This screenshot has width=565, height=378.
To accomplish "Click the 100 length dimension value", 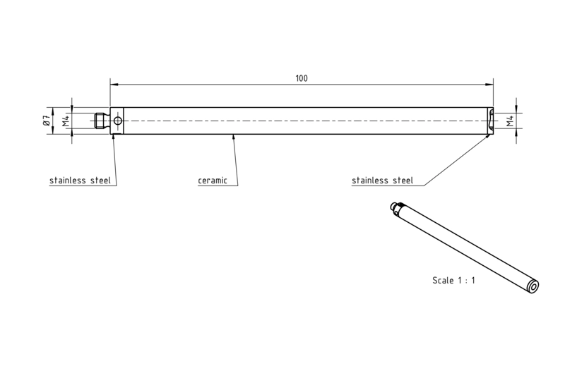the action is (x=302, y=78).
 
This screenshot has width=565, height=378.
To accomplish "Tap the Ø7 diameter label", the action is (x=46, y=121).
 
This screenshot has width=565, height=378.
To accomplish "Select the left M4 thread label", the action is (x=65, y=121).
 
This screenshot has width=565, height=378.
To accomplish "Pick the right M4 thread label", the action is (x=509, y=121).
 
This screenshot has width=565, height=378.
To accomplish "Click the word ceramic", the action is (x=213, y=181).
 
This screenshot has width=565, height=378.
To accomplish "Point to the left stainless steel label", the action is (x=80, y=181).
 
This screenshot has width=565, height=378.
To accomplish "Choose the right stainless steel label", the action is (x=382, y=181).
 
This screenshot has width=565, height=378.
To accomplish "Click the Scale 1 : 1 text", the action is (x=453, y=280).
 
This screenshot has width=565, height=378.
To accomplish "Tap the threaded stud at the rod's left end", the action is (x=101, y=121).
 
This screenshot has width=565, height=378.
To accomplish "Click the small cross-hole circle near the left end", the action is (x=118, y=121).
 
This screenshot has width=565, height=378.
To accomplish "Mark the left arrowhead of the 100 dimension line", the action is (x=114, y=85).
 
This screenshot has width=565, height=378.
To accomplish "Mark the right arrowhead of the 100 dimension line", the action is (x=489, y=85).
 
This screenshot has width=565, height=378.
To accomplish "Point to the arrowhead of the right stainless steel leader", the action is (x=487, y=138).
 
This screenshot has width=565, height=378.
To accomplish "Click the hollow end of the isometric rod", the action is (x=533, y=286).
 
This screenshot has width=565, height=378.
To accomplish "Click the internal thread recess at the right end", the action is (x=491, y=121).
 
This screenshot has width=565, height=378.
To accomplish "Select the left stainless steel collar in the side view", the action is (x=117, y=121).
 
